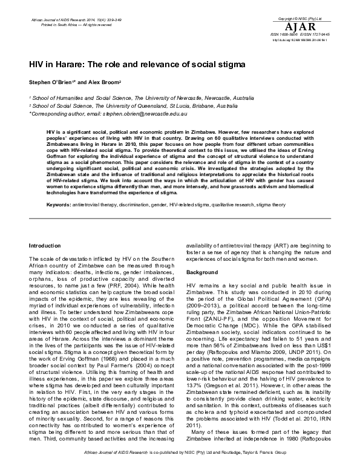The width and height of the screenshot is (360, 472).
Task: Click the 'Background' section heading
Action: pos(203,272)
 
